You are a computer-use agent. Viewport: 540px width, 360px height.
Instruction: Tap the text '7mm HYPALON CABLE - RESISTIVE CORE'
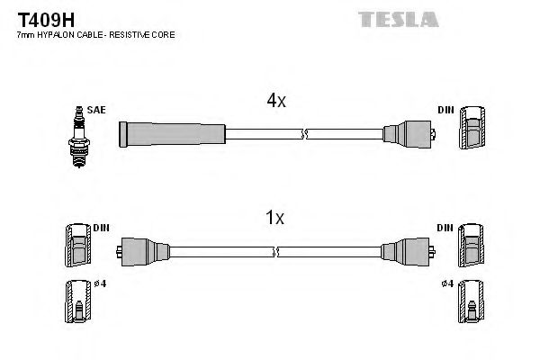pyautogui.click(x=95, y=34)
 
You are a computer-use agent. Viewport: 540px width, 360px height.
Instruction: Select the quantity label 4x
pyautogui.click(x=275, y=102)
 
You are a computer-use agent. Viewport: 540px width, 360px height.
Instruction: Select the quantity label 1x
pyautogui.click(x=275, y=218)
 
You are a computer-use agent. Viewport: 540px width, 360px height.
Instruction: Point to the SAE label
pyautogui.click(x=97, y=110)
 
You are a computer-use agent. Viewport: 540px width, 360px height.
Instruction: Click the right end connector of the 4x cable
pyautogui.click(x=409, y=135)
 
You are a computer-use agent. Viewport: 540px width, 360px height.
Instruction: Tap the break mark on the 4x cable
pyautogui.click(x=306, y=135)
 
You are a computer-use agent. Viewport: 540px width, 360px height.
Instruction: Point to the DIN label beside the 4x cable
pyautogui.click(x=445, y=110)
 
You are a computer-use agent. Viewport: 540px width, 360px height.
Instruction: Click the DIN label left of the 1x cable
pyautogui.click(x=100, y=227)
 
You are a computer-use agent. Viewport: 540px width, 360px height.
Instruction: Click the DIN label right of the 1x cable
pyautogui.click(x=445, y=227)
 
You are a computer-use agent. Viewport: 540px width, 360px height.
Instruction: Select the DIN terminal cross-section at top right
pyautogui.click(x=473, y=132)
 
